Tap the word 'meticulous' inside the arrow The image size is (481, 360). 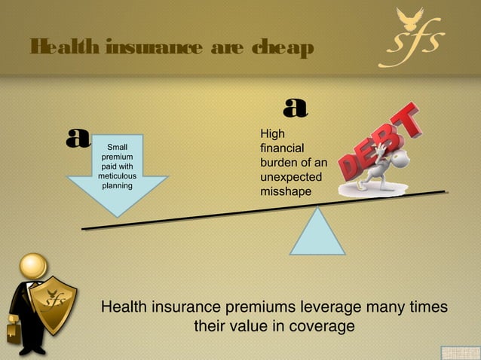(117, 175)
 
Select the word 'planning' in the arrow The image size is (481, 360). (117, 185)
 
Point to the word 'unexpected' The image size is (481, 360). (290, 177)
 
